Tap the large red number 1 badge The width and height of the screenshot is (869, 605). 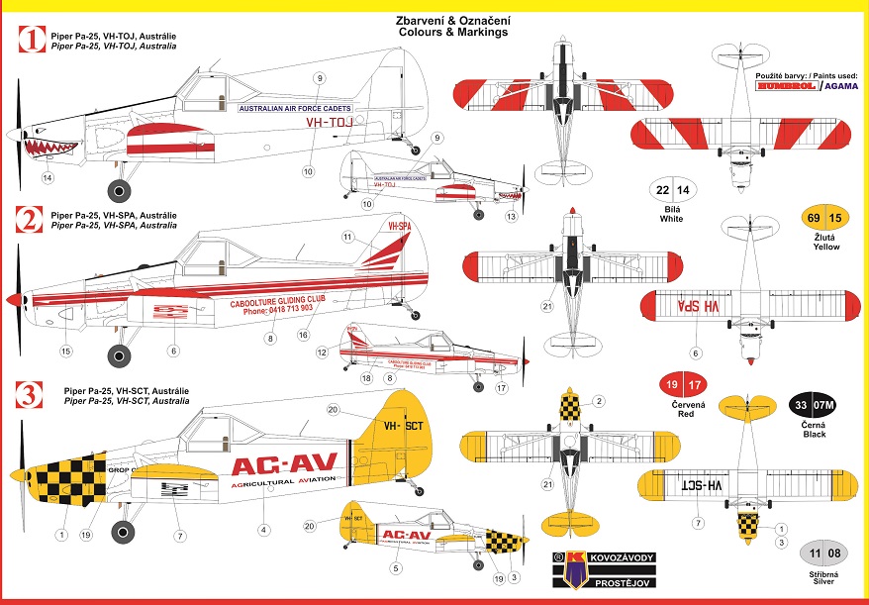[x=33, y=41]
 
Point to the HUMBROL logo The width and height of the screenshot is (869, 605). [x=786, y=87]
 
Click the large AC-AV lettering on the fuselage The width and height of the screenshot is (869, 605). [x=284, y=462]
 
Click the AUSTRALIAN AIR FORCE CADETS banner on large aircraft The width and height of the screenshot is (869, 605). [x=297, y=108]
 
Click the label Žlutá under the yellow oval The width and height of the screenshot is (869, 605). [x=820, y=237]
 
